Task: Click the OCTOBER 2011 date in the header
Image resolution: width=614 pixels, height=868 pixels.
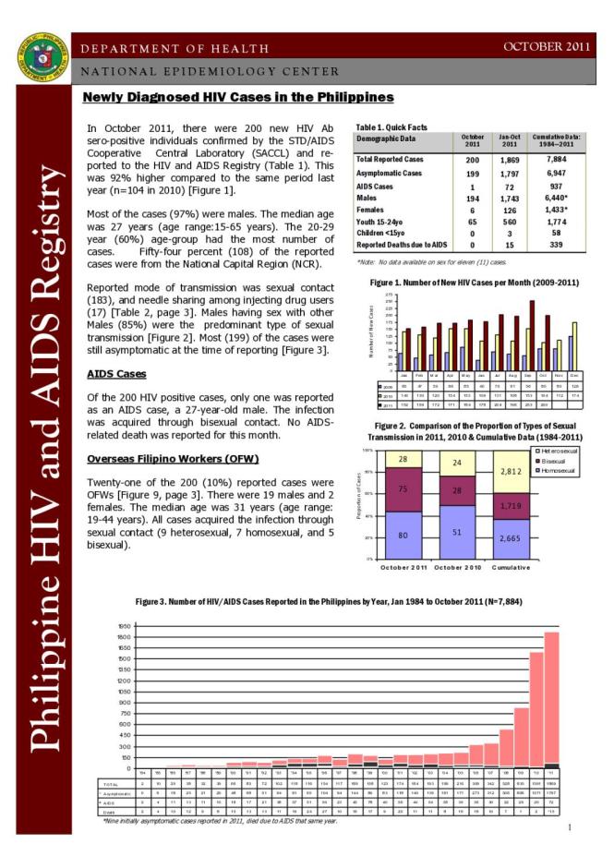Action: [x=545, y=45]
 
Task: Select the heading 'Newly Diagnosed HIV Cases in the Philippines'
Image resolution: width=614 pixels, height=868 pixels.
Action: [x=238, y=98]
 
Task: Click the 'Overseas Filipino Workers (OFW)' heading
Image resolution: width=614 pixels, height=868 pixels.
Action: [x=172, y=459]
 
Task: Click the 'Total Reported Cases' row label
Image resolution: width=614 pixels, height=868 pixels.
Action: [x=390, y=159]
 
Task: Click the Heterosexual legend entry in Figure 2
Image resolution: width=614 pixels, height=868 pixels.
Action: [x=560, y=451]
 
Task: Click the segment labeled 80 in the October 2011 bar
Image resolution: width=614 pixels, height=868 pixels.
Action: [x=403, y=535]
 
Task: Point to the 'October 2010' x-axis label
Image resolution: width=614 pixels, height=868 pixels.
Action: [x=457, y=566]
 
